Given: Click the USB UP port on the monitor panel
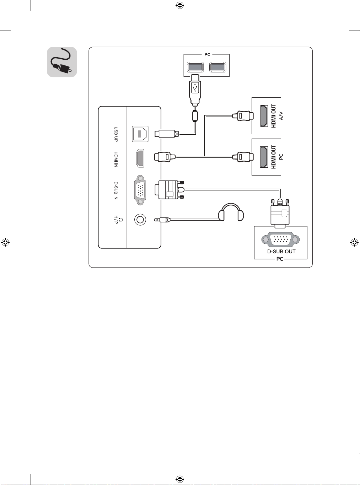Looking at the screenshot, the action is pyautogui.click(x=140, y=134).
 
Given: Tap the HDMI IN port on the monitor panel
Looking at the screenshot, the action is pyautogui.click(x=140, y=158).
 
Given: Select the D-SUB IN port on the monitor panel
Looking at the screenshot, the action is pyautogui.click(x=140, y=190).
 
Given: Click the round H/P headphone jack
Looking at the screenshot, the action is pyautogui.click(x=140, y=219).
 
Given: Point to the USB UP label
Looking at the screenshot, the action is pyautogui.click(x=116, y=134).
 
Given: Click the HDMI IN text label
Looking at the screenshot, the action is pyautogui.click(x=116, y=160).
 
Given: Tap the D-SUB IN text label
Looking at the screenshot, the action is pyautogui.click(x=116, y=190).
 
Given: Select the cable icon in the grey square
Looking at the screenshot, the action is pyautogui.click(x=62, y=62).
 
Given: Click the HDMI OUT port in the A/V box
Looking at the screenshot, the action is pyautogui.click(x=264, y=116).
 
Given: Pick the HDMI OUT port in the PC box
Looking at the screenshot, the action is pyautogui.click(x=264, y=157).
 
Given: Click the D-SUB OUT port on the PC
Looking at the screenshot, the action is pyautogui.click(x=280, y=239).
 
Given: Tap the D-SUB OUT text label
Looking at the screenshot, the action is pyautogui.click(x=281, y=252).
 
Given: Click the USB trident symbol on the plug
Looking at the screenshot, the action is pyautogui.click(x=195, y=88).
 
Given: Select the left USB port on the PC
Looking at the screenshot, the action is pyautogui.click(x=195, y=67).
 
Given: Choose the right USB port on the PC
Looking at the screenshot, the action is pyautogui.click(x=218, y=67).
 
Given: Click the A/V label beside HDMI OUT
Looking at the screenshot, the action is pyautogui.click(x=281, y=116).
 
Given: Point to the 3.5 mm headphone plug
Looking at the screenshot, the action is pyautogui.click(x=162, y=220).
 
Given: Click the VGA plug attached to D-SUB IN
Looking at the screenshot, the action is pyautogui.click(x=170, y=190).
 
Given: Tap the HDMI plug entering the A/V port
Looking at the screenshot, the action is pyautogui.click(x=243, y=115).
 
